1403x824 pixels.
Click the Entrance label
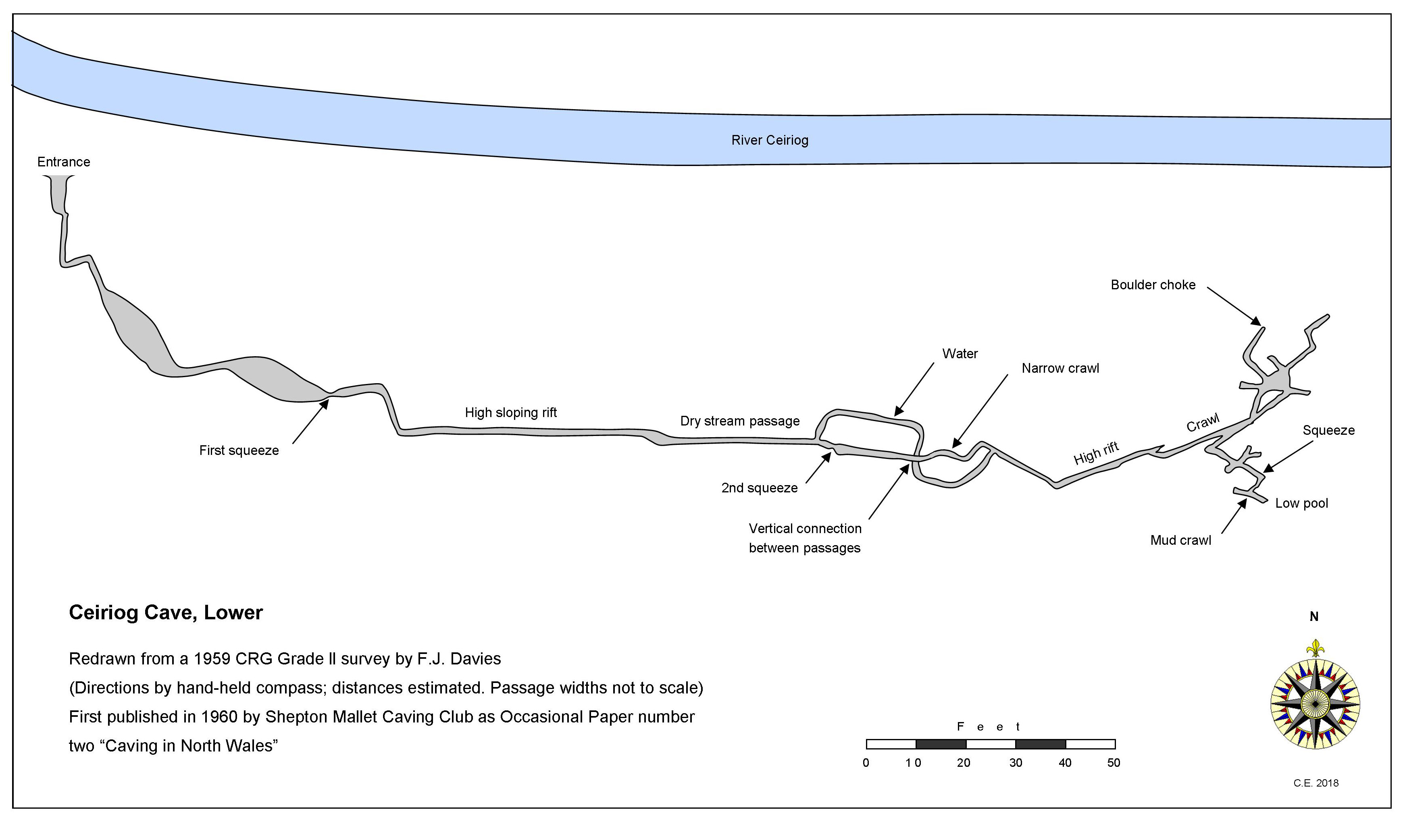(63, 162)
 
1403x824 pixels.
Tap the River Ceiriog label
(769, 140)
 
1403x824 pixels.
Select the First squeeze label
(239, 450)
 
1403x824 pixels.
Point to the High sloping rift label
(510, 412)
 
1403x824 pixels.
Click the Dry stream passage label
(739, 421)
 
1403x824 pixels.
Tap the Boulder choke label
(1153, 285)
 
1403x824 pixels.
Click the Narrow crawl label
(1060, 368)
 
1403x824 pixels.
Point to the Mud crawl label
(1180, 540)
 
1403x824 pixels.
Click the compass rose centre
(1315, 704)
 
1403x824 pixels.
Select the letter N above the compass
(1314, 616)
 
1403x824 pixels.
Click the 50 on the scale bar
(1114, 763)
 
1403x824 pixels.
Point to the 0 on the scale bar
(866, 763)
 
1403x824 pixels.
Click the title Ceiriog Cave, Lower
(165, 612)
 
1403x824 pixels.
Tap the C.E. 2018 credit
(1316, 783)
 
